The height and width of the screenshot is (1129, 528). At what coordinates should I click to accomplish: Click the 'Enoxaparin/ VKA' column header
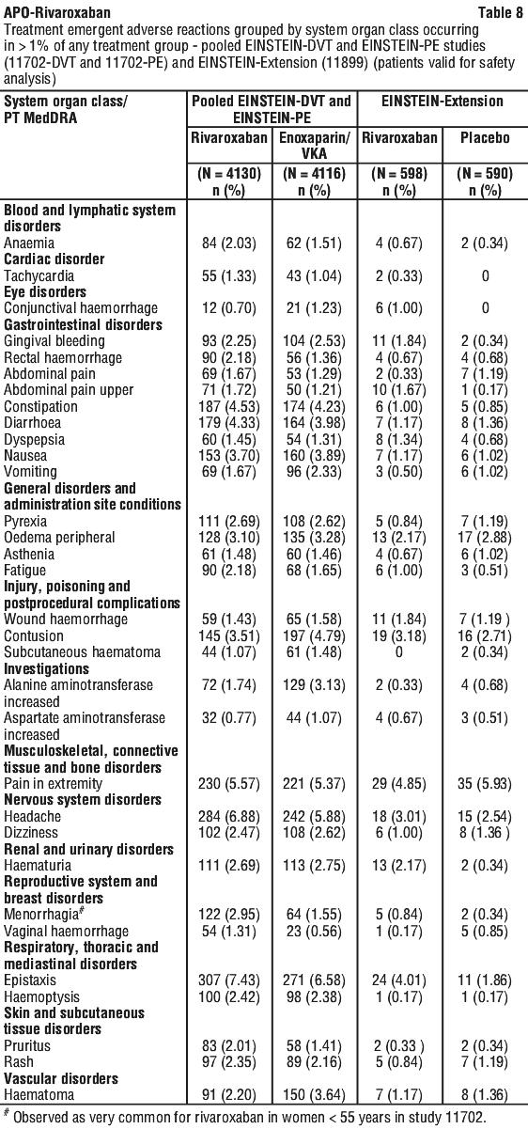(315, 145)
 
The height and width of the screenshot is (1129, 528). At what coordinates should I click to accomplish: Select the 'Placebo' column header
(485, 137)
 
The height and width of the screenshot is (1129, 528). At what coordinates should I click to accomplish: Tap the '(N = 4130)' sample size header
(229, 174)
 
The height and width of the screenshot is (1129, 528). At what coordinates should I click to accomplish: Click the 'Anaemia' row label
(29, 243)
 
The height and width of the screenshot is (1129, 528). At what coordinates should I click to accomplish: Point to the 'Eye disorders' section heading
(45, 291)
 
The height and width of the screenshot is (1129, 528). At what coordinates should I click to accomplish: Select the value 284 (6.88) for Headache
(229, 816)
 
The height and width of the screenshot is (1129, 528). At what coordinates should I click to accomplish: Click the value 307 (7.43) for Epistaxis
(229, 980)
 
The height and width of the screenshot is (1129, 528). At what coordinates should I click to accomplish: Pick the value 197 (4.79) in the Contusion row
(315, 636)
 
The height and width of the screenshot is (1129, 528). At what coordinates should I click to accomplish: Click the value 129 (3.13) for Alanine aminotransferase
(315, 685)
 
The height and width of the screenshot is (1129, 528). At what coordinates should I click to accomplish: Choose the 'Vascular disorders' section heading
(61, 1078)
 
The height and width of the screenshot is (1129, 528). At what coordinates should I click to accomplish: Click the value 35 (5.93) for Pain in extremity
(485, 784)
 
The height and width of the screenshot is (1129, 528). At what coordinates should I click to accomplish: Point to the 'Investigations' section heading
(46, 668)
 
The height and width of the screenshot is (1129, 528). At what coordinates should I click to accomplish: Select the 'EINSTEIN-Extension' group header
(443, 102)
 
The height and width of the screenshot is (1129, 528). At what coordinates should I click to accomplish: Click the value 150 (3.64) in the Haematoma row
(315, 1095)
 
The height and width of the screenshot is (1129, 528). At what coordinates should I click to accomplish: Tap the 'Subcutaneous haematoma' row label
(82, 652)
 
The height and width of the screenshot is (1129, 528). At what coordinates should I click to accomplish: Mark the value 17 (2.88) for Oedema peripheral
(485, 538)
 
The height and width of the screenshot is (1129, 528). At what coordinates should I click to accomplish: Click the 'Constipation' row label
(40, 406)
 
